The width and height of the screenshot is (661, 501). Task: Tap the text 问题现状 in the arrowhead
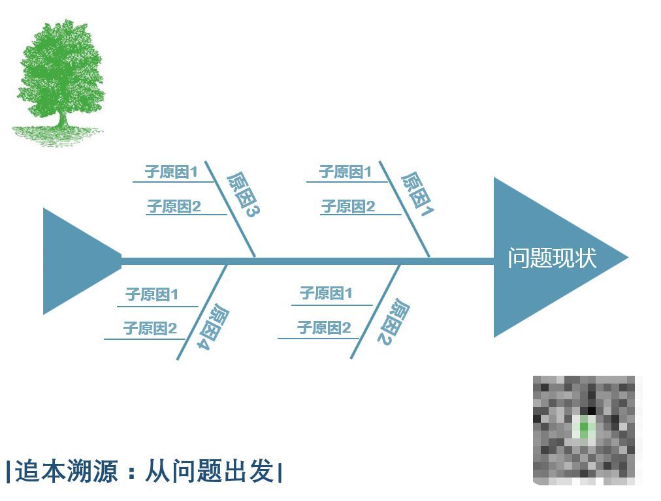click(552, 258)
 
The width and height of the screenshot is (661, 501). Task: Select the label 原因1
click(417, 194)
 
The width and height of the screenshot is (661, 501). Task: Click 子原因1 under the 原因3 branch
click(171, 172)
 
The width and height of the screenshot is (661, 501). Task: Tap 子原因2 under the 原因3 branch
click(174, 207)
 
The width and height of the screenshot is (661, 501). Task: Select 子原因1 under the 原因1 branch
click(345, 172)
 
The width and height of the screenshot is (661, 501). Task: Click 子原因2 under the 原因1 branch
click(348, 207)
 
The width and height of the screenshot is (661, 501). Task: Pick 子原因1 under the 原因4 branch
click(152, 294)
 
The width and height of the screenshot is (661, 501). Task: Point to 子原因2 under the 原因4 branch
click(150, 328)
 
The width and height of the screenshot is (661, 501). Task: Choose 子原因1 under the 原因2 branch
click(325, 294)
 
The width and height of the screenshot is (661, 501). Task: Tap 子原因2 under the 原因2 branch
click(324, 327)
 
